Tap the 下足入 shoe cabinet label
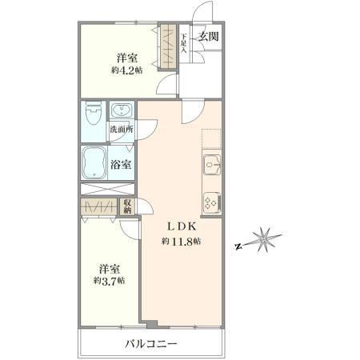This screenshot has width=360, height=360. [184, 42]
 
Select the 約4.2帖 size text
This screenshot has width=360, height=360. [126, 70]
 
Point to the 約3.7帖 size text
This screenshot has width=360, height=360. [110, 281]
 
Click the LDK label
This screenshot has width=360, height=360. [182, 226]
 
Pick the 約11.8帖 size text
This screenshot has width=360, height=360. [181, 242]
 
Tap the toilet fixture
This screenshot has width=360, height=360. [93, 114]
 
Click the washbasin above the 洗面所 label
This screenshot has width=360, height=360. [122, 110]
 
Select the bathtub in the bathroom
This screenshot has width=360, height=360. [94, 163]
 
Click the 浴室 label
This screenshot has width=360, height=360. [121, 165]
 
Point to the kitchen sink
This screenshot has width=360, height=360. [212, 165]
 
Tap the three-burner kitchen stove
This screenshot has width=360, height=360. [212, 202]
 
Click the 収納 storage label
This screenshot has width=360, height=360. [127, 206]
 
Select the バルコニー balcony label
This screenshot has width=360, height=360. [151, 343]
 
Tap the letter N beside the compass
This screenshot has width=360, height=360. [238, 246]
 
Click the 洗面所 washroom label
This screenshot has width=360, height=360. [122, 130]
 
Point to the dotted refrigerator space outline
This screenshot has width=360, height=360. [212, 139]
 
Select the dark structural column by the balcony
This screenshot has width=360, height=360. [152, 325]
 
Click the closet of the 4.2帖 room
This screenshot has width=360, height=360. [168, 46]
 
